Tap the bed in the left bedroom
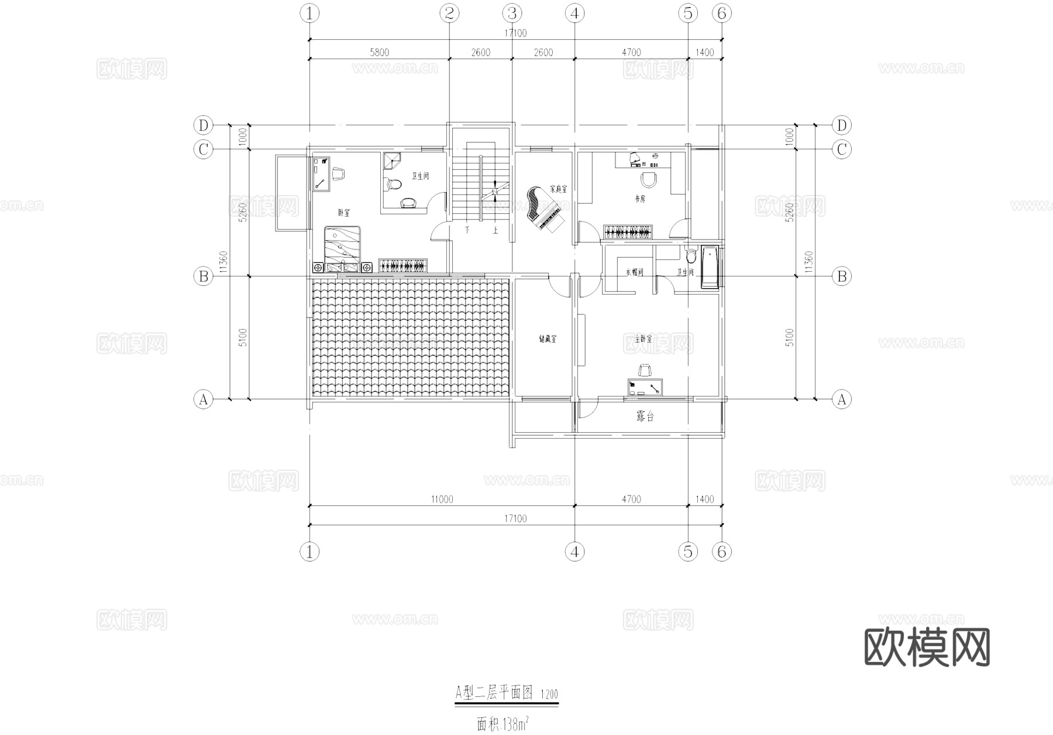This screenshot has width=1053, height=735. point(343,248)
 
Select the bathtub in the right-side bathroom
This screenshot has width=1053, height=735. point(710,268)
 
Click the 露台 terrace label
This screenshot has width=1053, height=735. point(645,416)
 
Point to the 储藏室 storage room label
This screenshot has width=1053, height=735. point(548,339)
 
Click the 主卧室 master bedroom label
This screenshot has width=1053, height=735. point(643,339)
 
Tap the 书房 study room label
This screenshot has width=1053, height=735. point(639,199)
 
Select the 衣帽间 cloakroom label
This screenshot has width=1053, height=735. point(634,272)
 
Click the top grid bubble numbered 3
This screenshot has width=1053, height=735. point(512,13)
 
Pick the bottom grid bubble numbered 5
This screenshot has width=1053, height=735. point(687,551)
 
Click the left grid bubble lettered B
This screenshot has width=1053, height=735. point(203,276)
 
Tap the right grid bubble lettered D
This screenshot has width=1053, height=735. point(841,125)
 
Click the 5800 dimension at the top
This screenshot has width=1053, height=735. point(379,52)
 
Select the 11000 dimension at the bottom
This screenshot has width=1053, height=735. point(442,500)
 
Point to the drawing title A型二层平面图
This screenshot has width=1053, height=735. point(494,693)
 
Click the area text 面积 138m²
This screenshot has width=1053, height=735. point(503,724)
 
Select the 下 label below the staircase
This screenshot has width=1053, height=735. point(467,230)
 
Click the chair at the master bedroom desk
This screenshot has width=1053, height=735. point(645,370)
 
